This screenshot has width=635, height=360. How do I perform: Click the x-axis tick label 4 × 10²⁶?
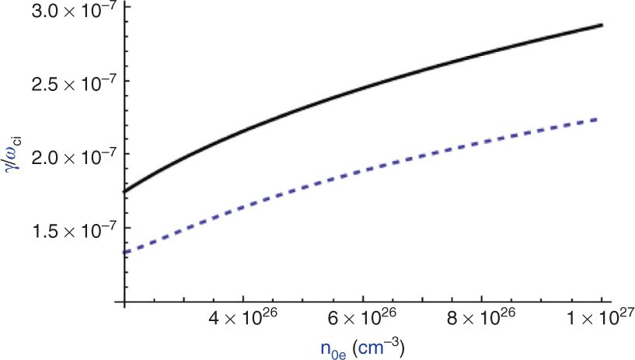tap(243, 320)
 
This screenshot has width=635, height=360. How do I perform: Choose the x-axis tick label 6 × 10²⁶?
tap(363, 320)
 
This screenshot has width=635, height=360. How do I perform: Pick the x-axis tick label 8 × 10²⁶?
tap(483, 320)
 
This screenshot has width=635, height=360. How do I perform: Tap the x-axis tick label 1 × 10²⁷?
tap(598, 320)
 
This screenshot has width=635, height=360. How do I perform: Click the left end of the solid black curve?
tap(124, 191)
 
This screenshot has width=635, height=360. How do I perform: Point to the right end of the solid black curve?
tap(602, 25)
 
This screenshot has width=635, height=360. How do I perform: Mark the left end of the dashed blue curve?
tap(124, 252)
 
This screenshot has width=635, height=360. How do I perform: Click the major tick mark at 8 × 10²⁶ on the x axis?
tap(483, 298)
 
